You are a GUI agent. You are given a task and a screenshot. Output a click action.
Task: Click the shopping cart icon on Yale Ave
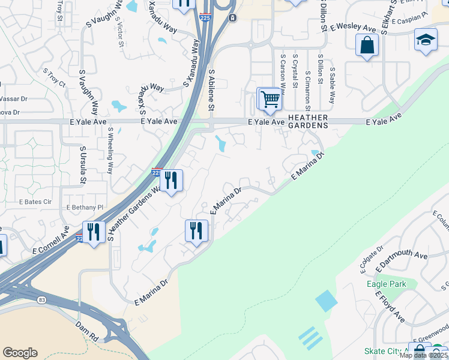point(271,98)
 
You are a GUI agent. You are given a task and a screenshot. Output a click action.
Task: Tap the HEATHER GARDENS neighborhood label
point(309,122)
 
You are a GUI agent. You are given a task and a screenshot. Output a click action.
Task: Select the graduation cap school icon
point(426,40)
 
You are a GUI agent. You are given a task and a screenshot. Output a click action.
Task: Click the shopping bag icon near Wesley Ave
point(367,45)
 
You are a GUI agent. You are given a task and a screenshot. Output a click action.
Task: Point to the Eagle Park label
point(387,284)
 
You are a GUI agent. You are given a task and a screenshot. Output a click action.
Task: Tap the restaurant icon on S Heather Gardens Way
point(171,180)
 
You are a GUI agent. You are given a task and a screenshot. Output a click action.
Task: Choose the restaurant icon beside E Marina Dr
point(196,230)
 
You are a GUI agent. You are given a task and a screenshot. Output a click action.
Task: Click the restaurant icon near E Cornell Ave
point(93,231)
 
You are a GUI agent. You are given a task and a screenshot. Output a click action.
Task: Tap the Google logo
point(20,353)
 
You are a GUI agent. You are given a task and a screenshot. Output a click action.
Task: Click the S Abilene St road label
point(211,90)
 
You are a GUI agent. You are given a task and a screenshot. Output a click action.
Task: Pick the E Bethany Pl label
point(85,207)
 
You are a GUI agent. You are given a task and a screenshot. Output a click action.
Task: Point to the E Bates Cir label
point(34,202)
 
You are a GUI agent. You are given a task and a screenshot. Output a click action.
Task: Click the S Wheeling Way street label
point(110,151)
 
